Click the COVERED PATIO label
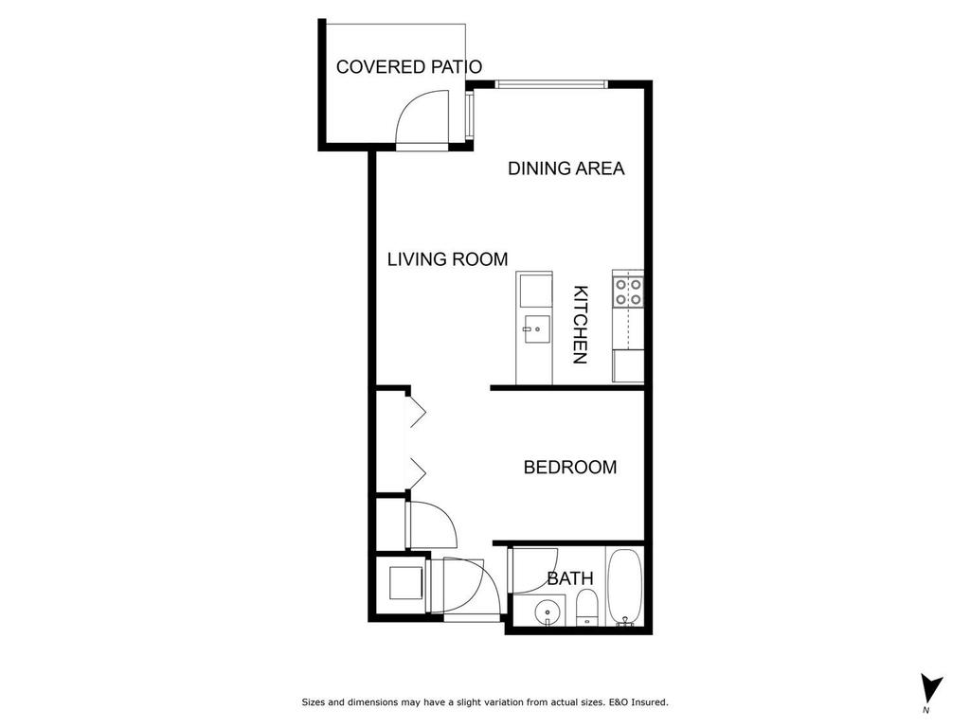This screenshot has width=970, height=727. tap(409, 67)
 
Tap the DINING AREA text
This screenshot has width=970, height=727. tap(566, 168)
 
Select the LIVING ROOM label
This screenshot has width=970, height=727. tap(447, 259)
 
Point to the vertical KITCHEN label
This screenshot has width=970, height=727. tap(581, 325)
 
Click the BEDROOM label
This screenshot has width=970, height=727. tap(569, 468)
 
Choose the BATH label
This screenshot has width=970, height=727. tap(570, 578)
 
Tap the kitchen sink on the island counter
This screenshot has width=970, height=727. tap(533, 330)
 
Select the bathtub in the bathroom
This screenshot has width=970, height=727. tap(624, 588)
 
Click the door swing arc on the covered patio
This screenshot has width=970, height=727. tap(419, 115)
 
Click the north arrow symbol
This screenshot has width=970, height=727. tap(931, 687)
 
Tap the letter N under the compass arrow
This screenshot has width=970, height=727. tap(925, 710)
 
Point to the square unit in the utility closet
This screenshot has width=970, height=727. tap(406, 581)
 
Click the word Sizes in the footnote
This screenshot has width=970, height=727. tap(314, 702)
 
